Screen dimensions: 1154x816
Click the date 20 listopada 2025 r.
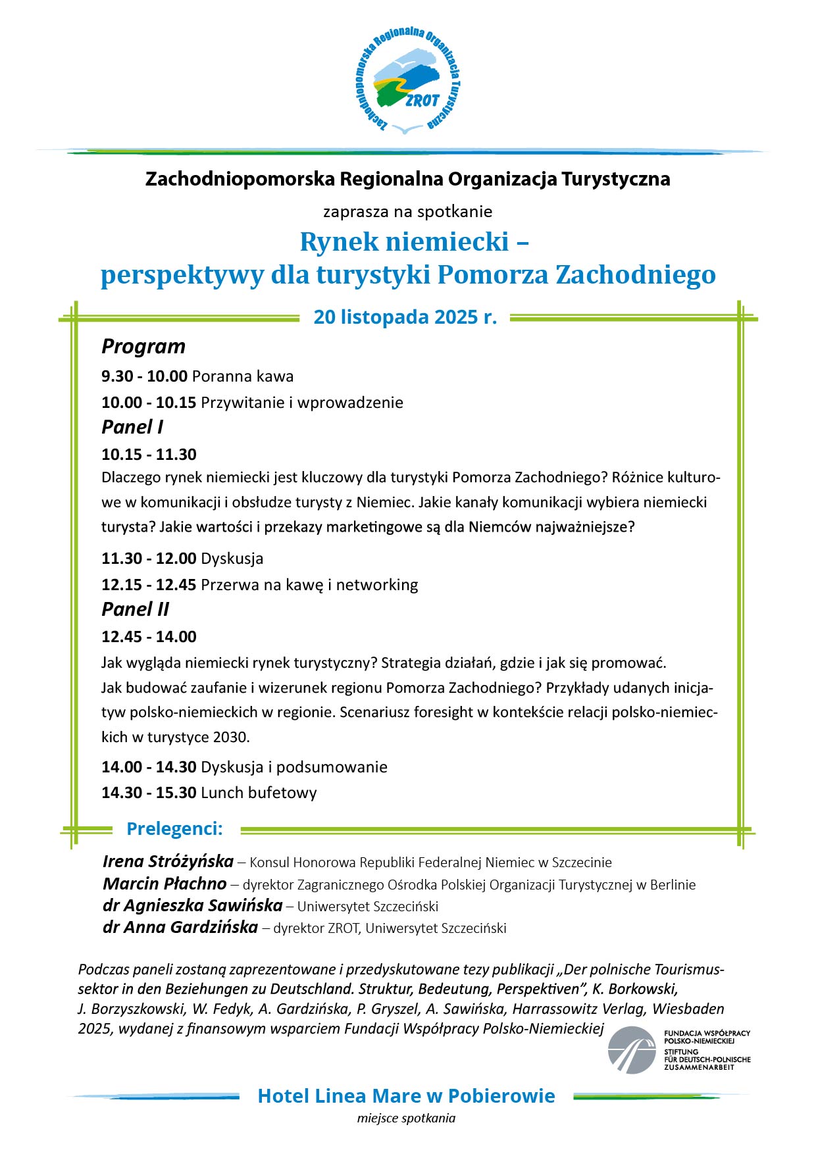click(405, 317)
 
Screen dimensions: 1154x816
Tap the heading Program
click(143, 347)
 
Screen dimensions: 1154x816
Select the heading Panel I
click(132, 427)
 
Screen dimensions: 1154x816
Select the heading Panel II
click(135, 609)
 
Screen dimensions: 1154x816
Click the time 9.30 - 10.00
click(144, 376)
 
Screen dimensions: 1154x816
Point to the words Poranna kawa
click(243, 376)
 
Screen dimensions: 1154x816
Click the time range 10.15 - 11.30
click(149, 454)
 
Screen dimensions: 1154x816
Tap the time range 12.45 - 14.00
click(149, 636)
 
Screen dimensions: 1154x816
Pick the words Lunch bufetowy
click(259, 793)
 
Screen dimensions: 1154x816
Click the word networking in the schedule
click(377, 585)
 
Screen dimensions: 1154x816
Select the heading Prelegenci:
click(174, 829)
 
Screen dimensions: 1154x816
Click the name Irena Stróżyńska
click(168, 861)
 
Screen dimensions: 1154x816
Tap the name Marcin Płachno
click(165, 884)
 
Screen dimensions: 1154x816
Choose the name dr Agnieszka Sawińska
click(192, 906)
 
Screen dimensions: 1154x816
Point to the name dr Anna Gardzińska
click(180, 928)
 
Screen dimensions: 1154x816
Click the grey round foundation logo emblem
click(632, 1050)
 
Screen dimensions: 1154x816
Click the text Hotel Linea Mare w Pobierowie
click(406, 1096)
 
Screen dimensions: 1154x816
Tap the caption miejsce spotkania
click(406, 1118)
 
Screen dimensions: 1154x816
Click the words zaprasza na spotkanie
click(407, 212)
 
